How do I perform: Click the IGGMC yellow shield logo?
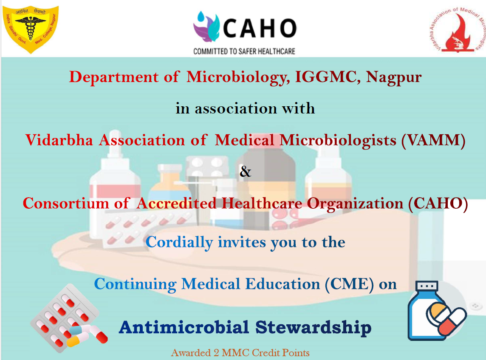pyautogui.click(x=31, y=29)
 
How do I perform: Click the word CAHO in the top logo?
pyautogui.click(x=260, y=28)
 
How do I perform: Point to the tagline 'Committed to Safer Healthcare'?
pyautogui.click(x=244, y=51)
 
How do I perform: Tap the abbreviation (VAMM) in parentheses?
pyautogui.click(x=433, y=140)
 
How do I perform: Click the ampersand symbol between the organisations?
pyautogui.click(x=246, y=171)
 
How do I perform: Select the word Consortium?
pyautogui.click(x=66, y=204)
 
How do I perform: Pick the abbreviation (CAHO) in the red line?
pyautogui.click(x=438, y=204)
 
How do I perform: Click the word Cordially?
pyautogui.click(x=179, y=243)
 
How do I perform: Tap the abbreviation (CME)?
pyautogui.click(x=349, y=284)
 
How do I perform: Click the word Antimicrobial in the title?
pyautogui.click(x=184, y=327)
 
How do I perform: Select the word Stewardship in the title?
pyautogui.click(x=314, y=328)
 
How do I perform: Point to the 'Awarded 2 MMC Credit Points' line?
pyautogui.click(x=240, y=353)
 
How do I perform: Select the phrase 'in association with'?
pyautogui.click(x=245, y=108)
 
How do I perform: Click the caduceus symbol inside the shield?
pyautogui.click(x=31, y=28)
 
